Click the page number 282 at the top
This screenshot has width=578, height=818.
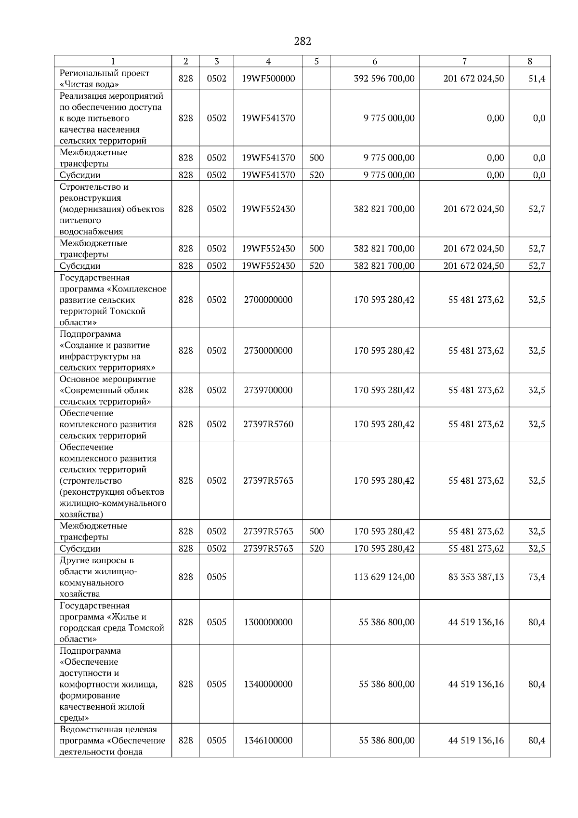click(302, 41)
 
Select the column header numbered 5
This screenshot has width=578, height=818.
click(316, 61)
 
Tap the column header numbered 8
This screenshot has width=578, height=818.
click(529, 61)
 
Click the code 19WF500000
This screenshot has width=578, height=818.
click(268, 79)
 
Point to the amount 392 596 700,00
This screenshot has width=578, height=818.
click(384, 79)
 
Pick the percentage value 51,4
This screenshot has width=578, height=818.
click(537, 79)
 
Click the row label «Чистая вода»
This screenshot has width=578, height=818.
click(89, 85)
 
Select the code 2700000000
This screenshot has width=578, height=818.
click(268, 300)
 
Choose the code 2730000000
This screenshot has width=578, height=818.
click(268, 351)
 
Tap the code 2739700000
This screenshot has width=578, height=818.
click(268, 390)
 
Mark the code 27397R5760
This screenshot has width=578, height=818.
click(268, 424)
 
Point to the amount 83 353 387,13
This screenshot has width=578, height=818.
click(476, 577)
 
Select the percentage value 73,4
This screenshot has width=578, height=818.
click(537, 577)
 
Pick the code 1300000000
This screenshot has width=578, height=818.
click(268, 622)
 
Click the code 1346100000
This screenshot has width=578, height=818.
click(268, 740)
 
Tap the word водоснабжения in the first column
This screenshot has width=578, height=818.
click(91, 231)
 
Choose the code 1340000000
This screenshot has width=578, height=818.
click(268, 684)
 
